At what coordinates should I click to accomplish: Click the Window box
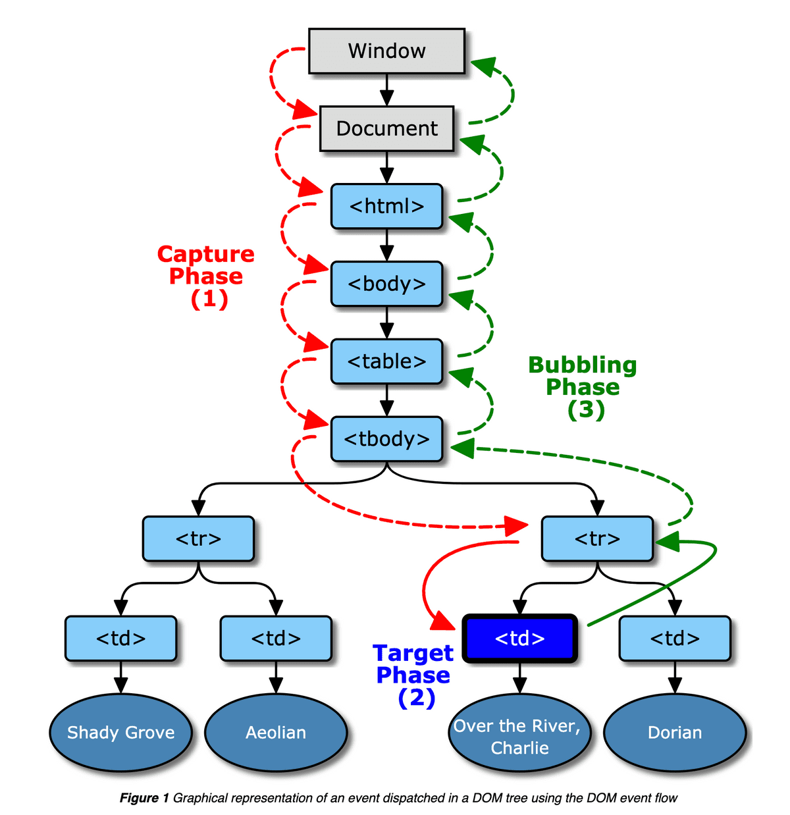point(386,51)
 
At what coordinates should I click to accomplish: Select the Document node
point(386,128)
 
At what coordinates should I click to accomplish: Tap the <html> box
point(386,206)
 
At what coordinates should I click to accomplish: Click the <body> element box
point(386,284)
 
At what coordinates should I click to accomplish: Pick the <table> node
point(386,361)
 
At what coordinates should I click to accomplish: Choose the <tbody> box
point(386,439)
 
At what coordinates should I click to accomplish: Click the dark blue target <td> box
point(520,638)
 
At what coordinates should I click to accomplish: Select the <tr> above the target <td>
point(597,539)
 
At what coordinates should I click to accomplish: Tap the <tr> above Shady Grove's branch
point(198,539)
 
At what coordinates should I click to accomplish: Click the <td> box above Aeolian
point(276,638)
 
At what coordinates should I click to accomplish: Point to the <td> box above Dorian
point(675,638)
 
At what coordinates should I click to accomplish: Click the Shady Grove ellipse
point(121,732)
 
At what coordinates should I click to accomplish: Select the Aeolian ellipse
point(276,732)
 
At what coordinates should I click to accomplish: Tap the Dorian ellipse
point(675,732)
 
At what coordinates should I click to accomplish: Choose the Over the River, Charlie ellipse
point(520,736)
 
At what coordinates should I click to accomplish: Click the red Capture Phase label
point(206,276)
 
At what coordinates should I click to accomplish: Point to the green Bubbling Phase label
point(583,386)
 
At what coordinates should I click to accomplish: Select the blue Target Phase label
point(413,675)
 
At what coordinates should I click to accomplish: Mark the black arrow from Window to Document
point(387,90)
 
